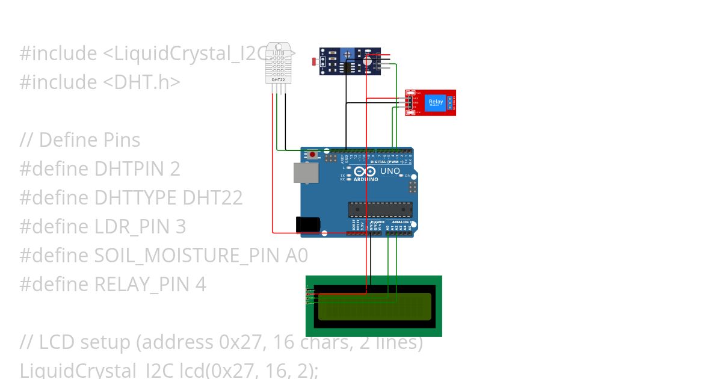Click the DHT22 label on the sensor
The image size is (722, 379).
(x=279, y=79)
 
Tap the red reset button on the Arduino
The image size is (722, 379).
(x=312, y=155)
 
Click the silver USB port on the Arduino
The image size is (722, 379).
(x=306, y=172)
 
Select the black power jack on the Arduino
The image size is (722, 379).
(x=308, y=224)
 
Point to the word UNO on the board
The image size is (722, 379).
(x=390, y=171)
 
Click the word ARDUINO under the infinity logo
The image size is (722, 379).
(x=366, y=179)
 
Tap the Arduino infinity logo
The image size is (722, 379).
(x=365, y=171)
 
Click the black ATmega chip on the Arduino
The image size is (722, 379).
(x=380, y=209)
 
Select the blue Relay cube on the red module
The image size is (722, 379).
(x=435, y=102)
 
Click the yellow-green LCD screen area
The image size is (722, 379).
(x=374, y=306)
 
